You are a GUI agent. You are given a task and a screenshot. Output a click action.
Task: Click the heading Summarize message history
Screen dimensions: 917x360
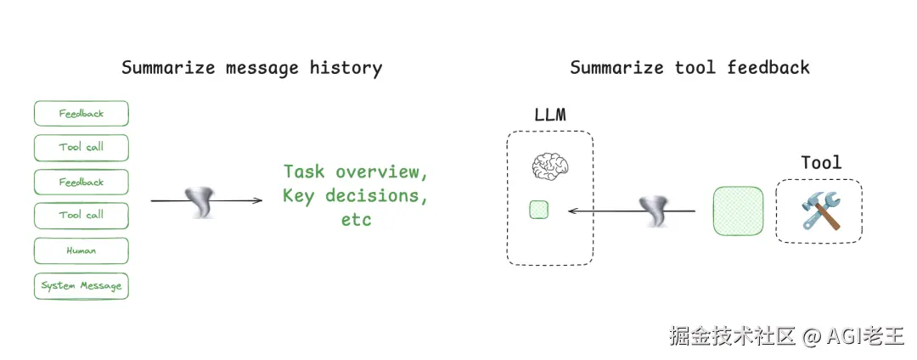[251, 68]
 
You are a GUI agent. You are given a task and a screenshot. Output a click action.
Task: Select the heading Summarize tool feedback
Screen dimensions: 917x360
[689, 68]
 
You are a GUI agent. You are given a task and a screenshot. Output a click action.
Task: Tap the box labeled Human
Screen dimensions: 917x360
[82, 250]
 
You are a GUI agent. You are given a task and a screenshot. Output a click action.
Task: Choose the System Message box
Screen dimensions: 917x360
[82, 286]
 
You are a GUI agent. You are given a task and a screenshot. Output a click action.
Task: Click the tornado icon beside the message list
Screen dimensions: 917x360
[202, 202]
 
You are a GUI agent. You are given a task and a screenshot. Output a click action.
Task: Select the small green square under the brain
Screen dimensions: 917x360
[538, 210]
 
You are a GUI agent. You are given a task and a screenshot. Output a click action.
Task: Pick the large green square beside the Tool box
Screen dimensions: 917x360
[738, 212]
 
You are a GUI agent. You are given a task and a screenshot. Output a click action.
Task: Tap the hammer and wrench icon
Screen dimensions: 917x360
[820, 210]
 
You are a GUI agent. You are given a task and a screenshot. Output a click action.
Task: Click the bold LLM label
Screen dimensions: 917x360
[550, 115]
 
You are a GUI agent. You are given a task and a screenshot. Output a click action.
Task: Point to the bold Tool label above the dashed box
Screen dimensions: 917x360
[821, 162]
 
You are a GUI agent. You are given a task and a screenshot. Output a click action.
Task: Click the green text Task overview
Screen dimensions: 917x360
[356, 172]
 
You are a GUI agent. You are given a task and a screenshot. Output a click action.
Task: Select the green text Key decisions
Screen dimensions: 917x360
[356, 196]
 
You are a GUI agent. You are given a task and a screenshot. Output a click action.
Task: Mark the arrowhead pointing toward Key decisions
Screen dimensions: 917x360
[258, 201]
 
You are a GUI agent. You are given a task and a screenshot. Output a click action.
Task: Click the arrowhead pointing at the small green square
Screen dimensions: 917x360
[572, 211]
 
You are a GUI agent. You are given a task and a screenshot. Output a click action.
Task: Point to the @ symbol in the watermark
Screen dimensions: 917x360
[812, 336]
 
